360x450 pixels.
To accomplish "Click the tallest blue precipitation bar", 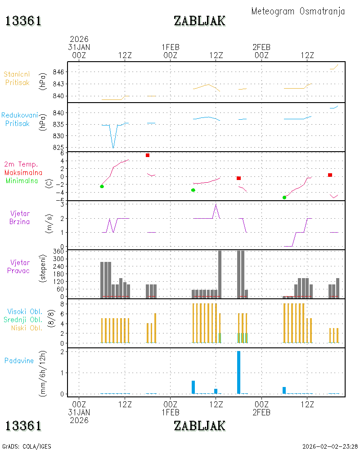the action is pos(238,372).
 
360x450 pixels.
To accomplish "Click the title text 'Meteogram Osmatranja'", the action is pos(298,12).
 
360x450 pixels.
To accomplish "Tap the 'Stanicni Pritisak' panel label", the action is pos(17,78).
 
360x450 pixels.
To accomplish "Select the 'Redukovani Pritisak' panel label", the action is pos(19,119).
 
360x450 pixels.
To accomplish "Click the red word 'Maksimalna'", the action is pos(23,173).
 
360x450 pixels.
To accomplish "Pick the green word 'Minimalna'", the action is pos(22,181).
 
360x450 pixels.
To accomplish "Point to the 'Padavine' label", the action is pos(19,361).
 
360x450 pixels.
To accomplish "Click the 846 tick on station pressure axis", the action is pos(58,72).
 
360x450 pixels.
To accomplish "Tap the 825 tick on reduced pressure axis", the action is pos(58,147).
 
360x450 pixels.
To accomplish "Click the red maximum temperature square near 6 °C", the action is pos(148,155).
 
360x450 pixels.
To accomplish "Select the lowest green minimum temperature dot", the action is pos(284,198).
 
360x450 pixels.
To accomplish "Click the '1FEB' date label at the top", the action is pos(170,47).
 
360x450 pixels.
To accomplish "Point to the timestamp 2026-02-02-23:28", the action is pos(330,446).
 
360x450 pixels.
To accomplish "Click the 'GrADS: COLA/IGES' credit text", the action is pos(27,446).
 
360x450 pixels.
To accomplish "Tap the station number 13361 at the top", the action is pos(23,21).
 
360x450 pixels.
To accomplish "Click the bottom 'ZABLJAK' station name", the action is pos(199,426).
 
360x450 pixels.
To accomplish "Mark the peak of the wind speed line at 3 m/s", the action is pos(216,204).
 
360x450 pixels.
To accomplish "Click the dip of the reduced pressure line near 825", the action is pos(113,148).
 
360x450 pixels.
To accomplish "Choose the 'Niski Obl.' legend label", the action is pos(27,328).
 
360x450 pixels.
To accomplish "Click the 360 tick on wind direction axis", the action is pos(58,252).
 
